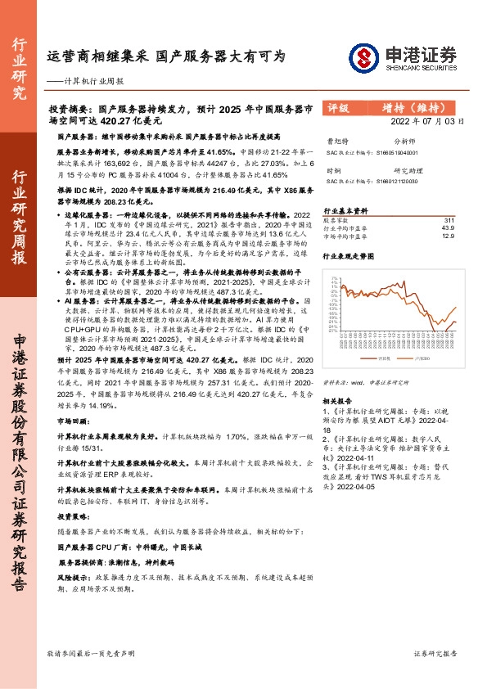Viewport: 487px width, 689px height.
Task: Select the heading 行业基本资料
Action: tap(342, 209)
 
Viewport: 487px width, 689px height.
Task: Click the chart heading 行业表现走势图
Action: tap(346, 256)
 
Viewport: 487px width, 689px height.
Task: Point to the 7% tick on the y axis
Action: tap(336, 279)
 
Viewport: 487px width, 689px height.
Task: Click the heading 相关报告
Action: tap(336, 401)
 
